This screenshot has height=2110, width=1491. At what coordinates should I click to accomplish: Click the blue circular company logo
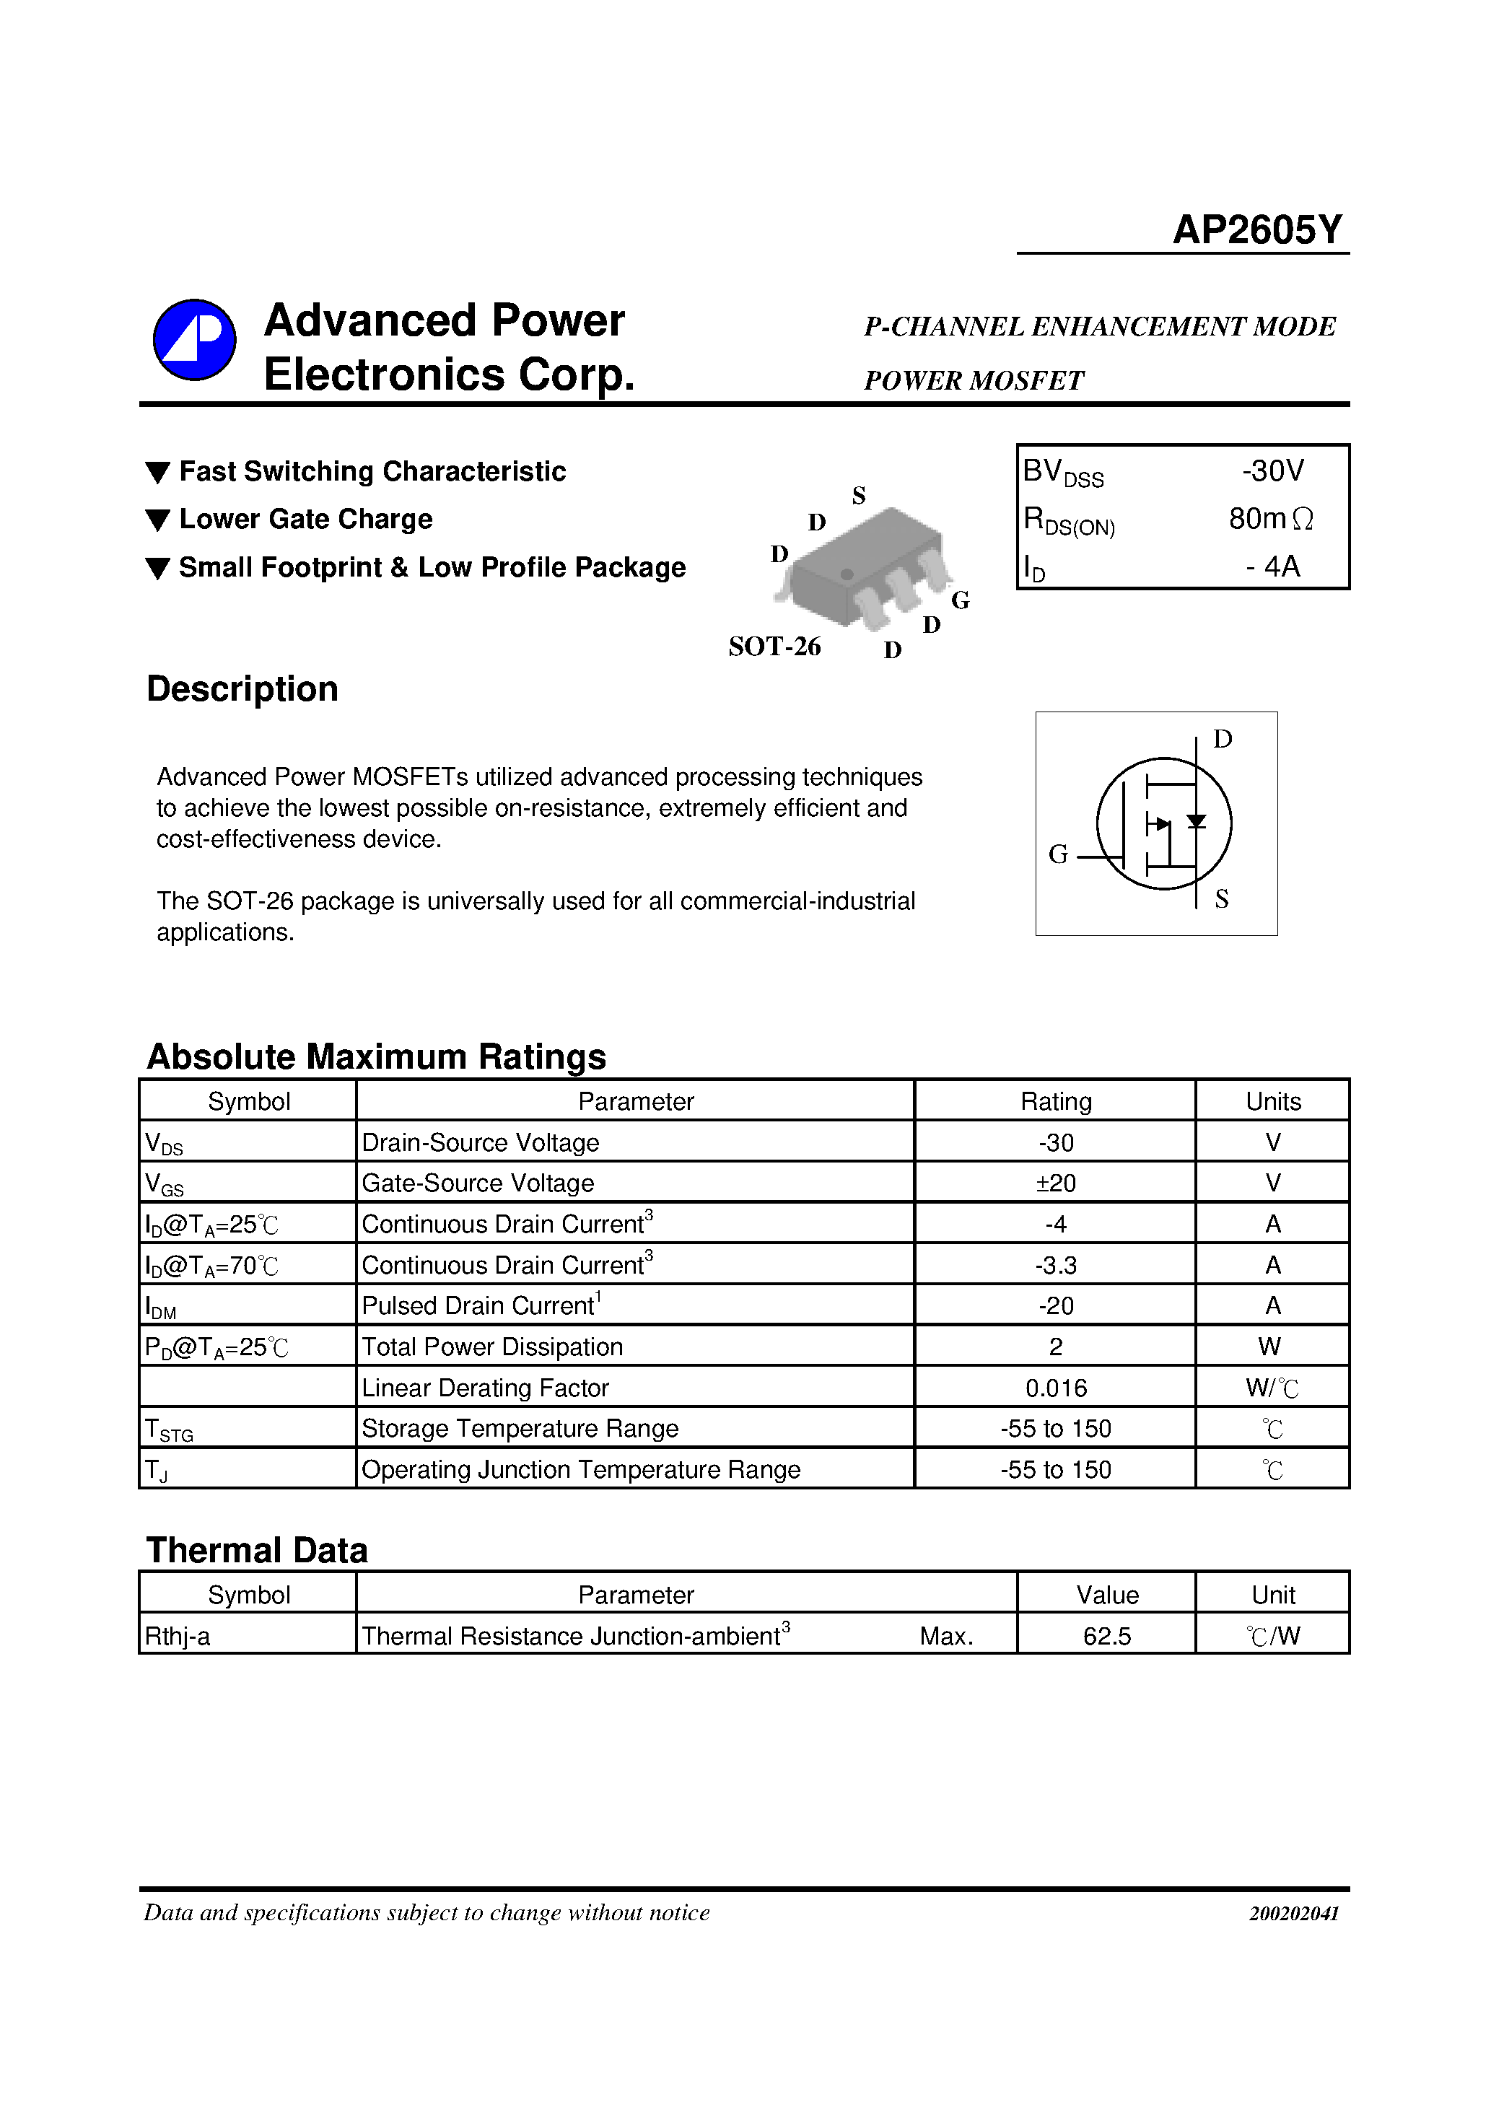194,340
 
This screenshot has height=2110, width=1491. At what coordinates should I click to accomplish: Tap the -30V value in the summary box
1272,471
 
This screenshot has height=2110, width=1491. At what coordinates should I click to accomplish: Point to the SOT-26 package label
774,647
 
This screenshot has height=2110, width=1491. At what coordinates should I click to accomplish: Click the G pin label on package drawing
960,601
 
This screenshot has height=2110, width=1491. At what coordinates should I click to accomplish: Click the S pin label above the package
859,496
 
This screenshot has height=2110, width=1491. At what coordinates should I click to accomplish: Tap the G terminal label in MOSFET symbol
1058,854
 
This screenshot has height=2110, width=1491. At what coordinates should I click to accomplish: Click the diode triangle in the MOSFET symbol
1196,820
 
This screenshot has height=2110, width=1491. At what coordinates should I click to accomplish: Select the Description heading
242,689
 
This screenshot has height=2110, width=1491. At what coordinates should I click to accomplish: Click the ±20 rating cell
1055,1183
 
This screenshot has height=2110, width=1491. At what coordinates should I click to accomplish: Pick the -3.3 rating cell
1055,1266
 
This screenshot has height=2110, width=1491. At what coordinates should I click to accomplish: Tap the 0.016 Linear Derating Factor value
1055,1388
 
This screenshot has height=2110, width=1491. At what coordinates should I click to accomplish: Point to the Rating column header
1055,1102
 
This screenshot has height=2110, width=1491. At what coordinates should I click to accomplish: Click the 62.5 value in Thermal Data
1107,1637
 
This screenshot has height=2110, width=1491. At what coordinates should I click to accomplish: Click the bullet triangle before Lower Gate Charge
158,520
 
